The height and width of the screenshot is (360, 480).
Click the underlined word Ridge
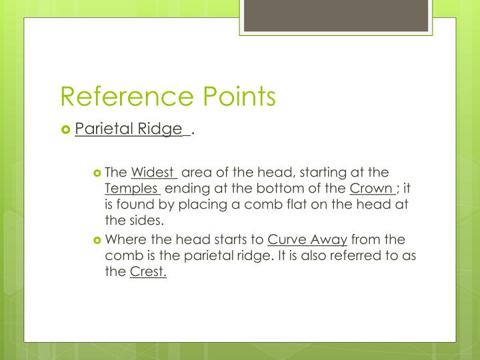tap(159, 129)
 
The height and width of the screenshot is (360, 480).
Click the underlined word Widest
tap(153, 173)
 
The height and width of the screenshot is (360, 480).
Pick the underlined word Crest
tap(148, 271)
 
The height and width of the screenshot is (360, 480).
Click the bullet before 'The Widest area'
tap(97, 173)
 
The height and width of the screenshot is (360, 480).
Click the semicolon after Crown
tap(398, 189)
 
